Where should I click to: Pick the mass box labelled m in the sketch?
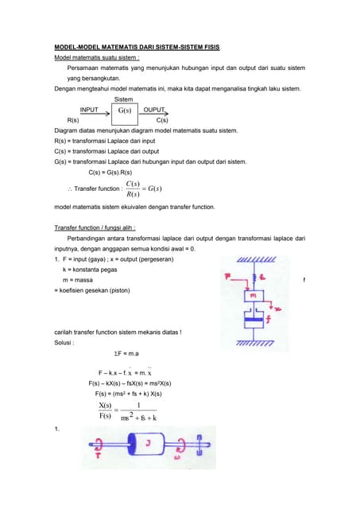tap(254, 296)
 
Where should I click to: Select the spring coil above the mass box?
tap(254, 278)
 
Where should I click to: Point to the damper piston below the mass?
tap(254, 322)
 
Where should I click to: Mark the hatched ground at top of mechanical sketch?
tap(254, 259)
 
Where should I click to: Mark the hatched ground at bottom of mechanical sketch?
tap(254, 345)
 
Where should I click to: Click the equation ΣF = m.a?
tap(126, 353)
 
